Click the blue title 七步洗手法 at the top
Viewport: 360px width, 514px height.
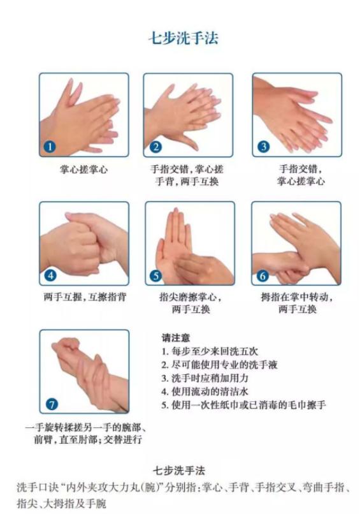tap(184, 38)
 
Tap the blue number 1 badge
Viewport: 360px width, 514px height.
tap(50, 146)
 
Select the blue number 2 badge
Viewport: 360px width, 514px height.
tap(155, 147)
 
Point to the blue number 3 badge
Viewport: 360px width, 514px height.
tap(264, 146)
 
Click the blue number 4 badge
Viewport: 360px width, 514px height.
tap(50, 275)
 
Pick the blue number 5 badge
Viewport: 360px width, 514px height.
tap(156, 275)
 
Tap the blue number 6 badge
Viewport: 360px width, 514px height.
tap(263, 275)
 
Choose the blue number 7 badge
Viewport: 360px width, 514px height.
tap(52, 404)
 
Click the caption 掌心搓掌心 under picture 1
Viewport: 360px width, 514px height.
tap(84, 170)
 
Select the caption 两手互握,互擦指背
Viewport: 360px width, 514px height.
tap(85, 297)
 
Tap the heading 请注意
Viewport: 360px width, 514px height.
tap(176, 337)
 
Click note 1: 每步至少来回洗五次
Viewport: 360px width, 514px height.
tap(210, 351)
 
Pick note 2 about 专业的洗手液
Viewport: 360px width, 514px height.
tap(219, 365)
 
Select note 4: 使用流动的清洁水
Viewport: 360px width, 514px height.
tap(205, 392)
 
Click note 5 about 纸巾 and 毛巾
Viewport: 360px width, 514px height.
tap(243, 405)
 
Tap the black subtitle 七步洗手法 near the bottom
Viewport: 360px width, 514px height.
tap(179, 471)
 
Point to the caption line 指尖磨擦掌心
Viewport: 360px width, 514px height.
tap(191, 297)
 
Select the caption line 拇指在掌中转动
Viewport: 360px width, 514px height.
tap(297, 297)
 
